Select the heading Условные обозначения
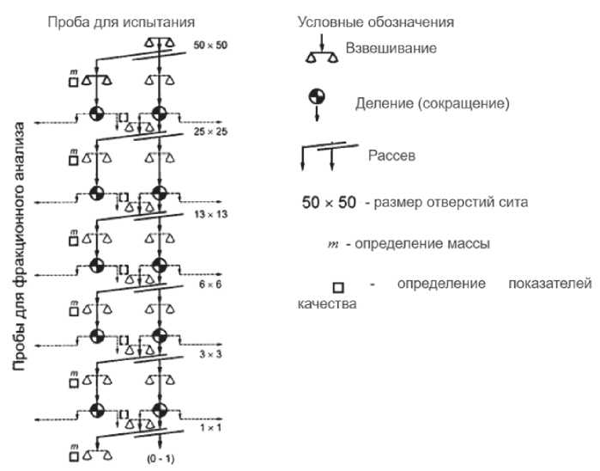coord(375,21)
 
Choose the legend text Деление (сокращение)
coord(433,104)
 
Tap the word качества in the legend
coord(327,304)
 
